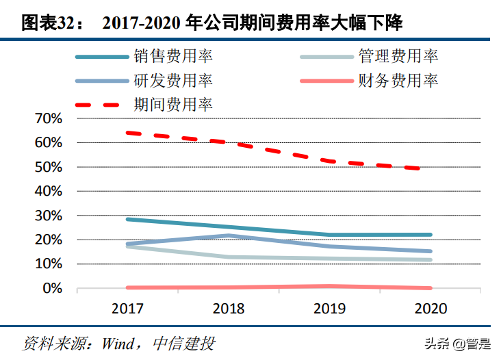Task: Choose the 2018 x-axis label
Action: click(229, 309)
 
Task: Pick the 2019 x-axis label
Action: click(330, 309)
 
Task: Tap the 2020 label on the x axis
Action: click(431, 309)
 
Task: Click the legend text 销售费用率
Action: click(173, 57)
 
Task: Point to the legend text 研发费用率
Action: click(173, 81)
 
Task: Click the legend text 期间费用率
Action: click(173, 105)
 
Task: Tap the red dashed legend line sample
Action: click(101, 105)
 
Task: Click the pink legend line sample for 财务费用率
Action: click(326, 81)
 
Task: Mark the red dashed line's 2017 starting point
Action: click(128, 133)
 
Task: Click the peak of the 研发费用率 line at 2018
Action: click(229, 235)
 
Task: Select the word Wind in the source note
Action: click(120, 342)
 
